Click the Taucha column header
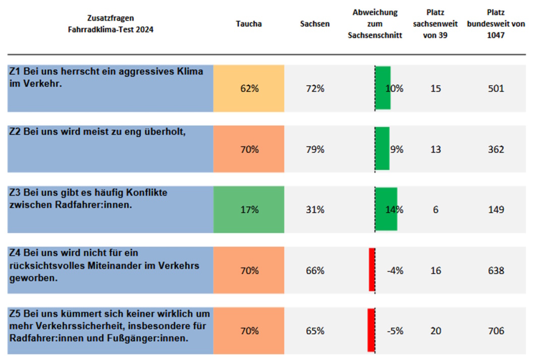pos(249,24)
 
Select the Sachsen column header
pos(314,24)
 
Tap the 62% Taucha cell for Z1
pos(249,88)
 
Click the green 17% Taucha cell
pos(249,210)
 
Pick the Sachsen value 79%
pos(315,149)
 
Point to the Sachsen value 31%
pos(315,210)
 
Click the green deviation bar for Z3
pos(387,210)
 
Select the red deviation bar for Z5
pos(371,330)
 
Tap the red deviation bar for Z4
pos(372,270)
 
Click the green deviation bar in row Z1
pos(383,88)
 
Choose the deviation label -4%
pos(395,271)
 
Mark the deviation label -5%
pos(395,331)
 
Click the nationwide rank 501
pos(496,89)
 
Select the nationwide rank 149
pos(496,210)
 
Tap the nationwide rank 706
pos(496,331)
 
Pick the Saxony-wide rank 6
pos(436,210)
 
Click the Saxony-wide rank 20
pos(436,331)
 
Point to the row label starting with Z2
pos(98,132)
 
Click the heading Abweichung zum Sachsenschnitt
pos(375,24)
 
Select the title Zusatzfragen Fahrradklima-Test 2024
pos(111,24)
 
